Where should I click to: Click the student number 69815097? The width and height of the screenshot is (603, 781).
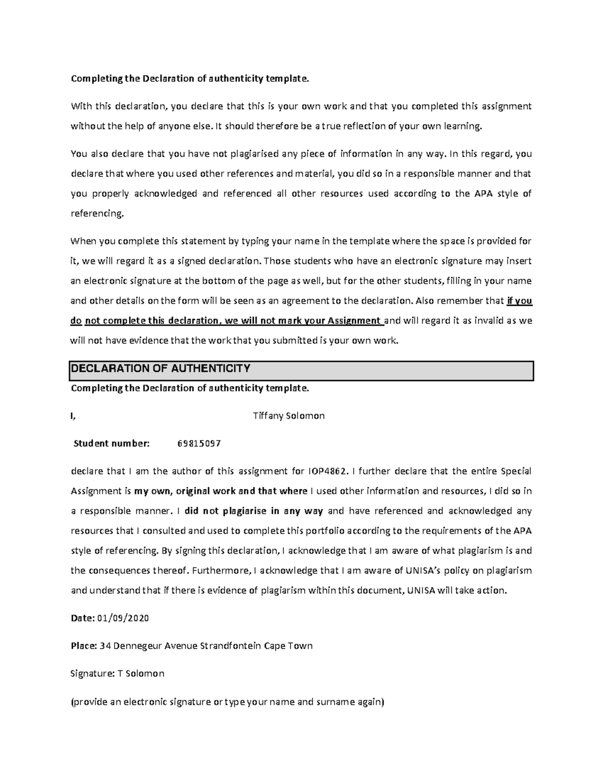pos(199,444)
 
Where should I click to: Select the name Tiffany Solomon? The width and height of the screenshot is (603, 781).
pos(289,416)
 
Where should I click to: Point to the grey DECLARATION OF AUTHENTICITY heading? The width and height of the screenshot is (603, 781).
pos(161,369)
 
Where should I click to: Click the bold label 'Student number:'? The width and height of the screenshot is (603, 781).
pos(112,444)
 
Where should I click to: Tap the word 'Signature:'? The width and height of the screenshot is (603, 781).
pos(92,673)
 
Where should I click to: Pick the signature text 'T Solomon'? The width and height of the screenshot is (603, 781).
pos(141,673)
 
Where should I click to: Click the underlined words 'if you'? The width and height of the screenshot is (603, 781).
pos(519,301)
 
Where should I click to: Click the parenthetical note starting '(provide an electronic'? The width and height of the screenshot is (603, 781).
pos(227,702)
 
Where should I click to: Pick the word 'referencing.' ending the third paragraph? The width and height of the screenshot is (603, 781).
pos(97,214)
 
